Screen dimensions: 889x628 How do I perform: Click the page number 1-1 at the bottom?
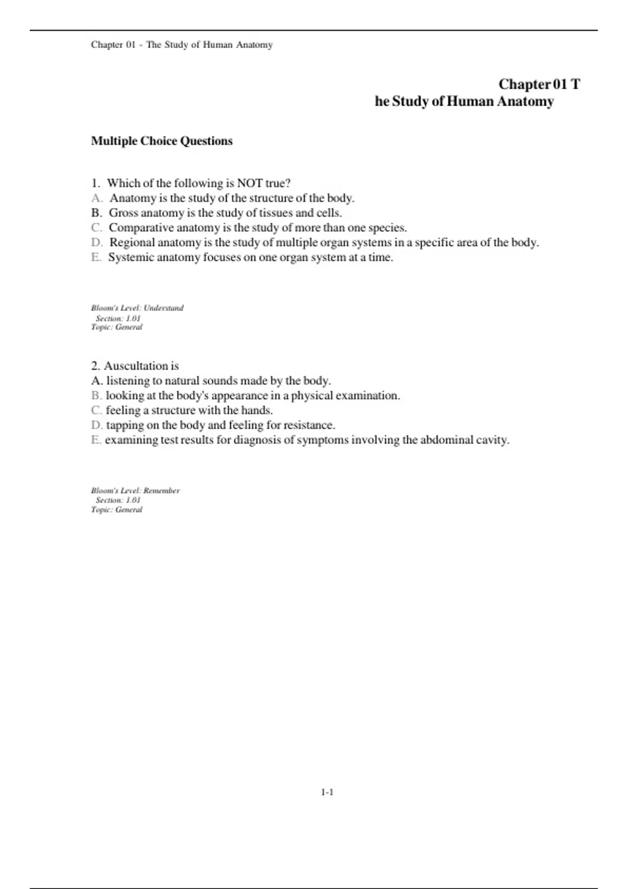(327, 792)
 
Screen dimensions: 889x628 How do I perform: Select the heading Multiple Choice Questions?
(162, 141)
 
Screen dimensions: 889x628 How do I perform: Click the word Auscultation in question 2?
(134, 366)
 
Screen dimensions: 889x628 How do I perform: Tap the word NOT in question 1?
(250, 184)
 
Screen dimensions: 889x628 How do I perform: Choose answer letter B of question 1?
(96, 213)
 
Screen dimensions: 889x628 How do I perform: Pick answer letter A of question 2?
(96, 381)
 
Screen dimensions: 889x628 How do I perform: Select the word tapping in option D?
(125, 425)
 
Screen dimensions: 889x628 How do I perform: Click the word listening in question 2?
(128, 381)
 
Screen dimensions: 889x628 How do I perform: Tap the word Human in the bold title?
(469, 101)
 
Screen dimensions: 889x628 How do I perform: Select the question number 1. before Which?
(95, 184)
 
